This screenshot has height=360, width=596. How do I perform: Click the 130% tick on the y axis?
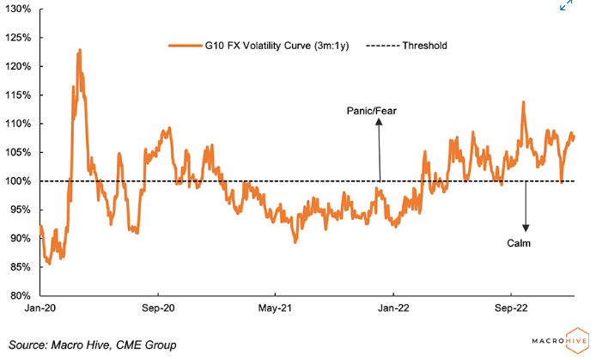[20, 9]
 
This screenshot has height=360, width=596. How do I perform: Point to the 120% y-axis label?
[20, 66]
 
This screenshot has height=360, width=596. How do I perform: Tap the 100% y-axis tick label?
[20, 181]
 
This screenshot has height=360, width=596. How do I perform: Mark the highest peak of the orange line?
[80, 50]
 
